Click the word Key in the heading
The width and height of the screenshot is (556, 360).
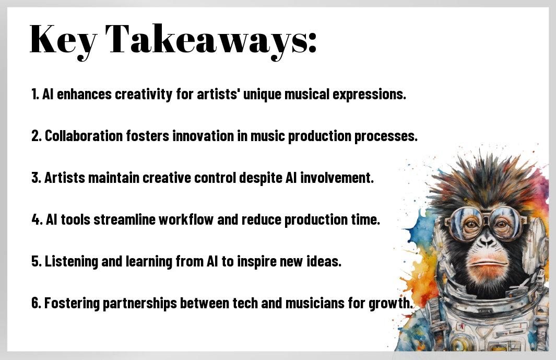63,40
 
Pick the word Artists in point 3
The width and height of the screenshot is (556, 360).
65,178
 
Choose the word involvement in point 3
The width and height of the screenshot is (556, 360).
337,178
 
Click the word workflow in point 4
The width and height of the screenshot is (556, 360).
186,219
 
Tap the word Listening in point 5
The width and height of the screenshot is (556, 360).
72,262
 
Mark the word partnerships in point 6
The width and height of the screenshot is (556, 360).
140,304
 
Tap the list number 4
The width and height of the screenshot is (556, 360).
36,220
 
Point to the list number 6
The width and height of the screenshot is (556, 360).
36,303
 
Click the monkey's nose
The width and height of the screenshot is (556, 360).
486,242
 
